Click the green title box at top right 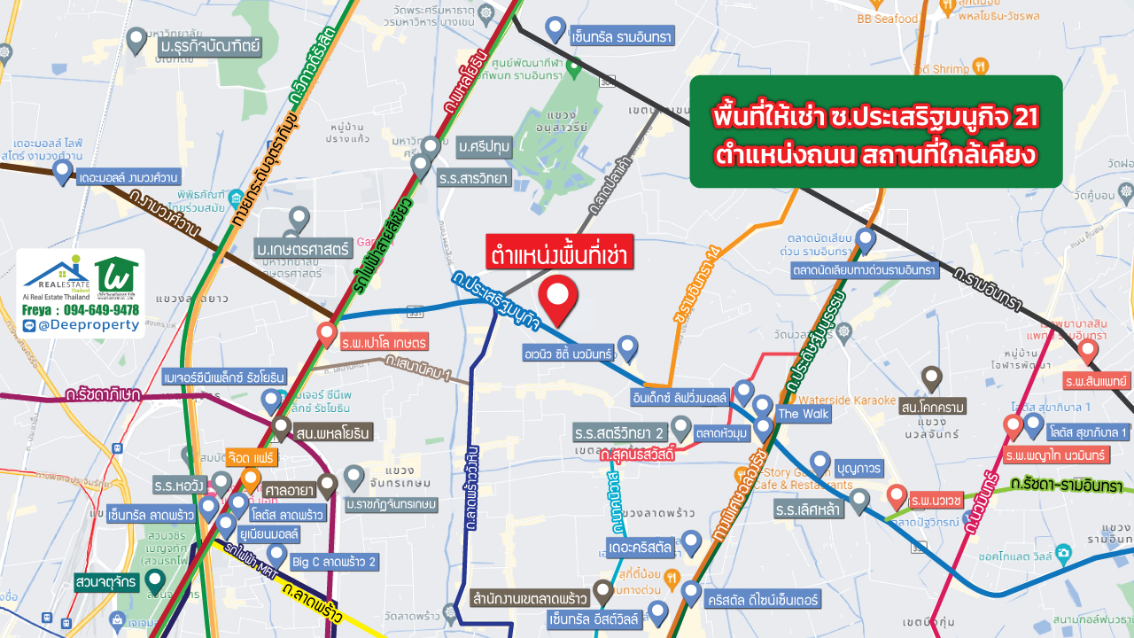coord(875,132)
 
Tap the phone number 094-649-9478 coord(97,309)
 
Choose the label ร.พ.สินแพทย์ coord(1096,379)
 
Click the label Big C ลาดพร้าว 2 coord(334,561)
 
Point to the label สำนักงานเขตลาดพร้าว coord(532,598)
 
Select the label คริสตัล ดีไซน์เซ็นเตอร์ coord(766,599)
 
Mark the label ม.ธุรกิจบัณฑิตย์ coord(209,44)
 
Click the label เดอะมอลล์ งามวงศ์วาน coord(128,176)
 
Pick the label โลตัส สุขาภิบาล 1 coord(1088,432)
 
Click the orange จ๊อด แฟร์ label coord(252,458)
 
